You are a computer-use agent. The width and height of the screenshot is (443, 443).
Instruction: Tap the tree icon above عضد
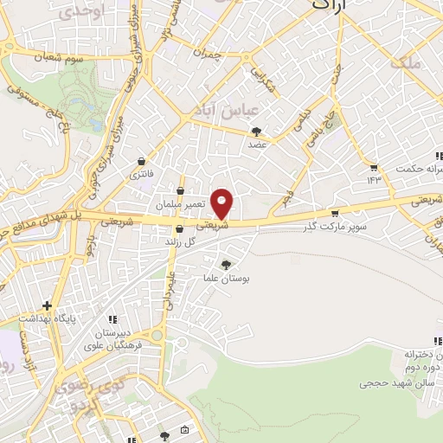pyautogui.click(x=257, y=131)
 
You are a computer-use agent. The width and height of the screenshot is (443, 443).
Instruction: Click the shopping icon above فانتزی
pyautogui.click(x=142, y=161)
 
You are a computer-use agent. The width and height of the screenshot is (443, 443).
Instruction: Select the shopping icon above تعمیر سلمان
pyautogui.click(x=180, y=191)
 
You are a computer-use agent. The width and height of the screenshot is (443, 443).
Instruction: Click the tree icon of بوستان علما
pyautogui.click(x=227, y=265)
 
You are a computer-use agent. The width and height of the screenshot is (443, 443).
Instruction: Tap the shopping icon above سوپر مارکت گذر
pyautogui.click(x=336, y=214)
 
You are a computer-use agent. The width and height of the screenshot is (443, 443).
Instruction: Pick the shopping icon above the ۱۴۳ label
pyautogui.click(x=374, y=168)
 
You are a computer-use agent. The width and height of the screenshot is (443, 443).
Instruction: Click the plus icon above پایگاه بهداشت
pyautogui.click(x=47, y=305)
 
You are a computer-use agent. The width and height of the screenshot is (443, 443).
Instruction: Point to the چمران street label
pyautogui.click(x=209, y=54)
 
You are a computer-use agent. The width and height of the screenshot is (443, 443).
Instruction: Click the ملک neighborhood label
pyautogui.click(x=406, y=62)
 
